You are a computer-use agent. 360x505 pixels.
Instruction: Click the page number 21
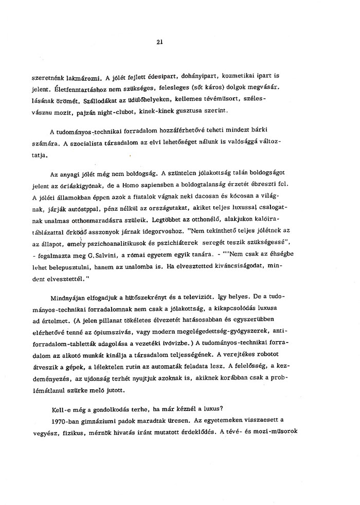tap(159, 43)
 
